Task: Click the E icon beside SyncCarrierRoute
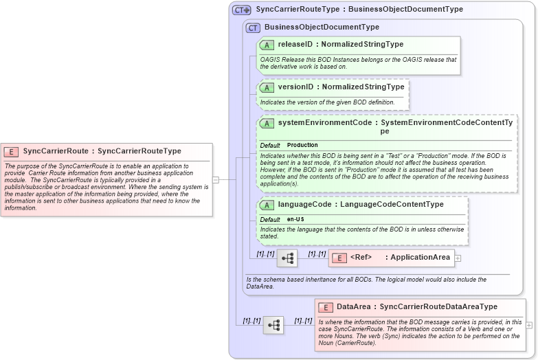click(x=11, y=151)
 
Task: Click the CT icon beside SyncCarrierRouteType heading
click(x=242, y=10)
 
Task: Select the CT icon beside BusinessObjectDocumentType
click(x=253, y=27)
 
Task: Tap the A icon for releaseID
click(x=267, y=45)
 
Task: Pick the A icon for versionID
click(x=267, y=87)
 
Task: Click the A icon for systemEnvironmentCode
click(x=267, y=123)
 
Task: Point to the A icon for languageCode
click(x=267, y=205)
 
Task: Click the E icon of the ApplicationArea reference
click(x=339, y=258)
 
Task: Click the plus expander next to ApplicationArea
click(x=458, y=258)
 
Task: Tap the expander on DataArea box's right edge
click(x=528, y=324)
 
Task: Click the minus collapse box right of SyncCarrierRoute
click(x=216, y=180)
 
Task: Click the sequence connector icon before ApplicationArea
click(x=287, y=258)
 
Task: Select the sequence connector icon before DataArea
click(x=273, y=325)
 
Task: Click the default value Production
click(x=302, y=146)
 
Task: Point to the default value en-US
click(x=295, y=220)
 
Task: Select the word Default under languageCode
click(x=270, y=220)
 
